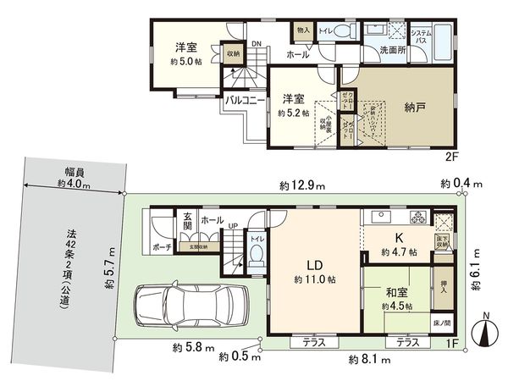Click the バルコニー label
point(247,100)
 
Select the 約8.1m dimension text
point(368,360)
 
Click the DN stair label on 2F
point(255,46)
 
